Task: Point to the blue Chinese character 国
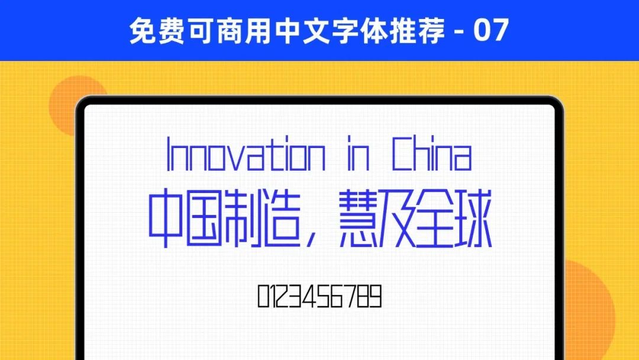[204, 218]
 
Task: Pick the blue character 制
[243, 218]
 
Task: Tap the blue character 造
[282, 218]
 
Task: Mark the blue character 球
[473, 218]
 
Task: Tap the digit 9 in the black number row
[375, 296]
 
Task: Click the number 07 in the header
[490, 30]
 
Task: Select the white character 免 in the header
[142, 30]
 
